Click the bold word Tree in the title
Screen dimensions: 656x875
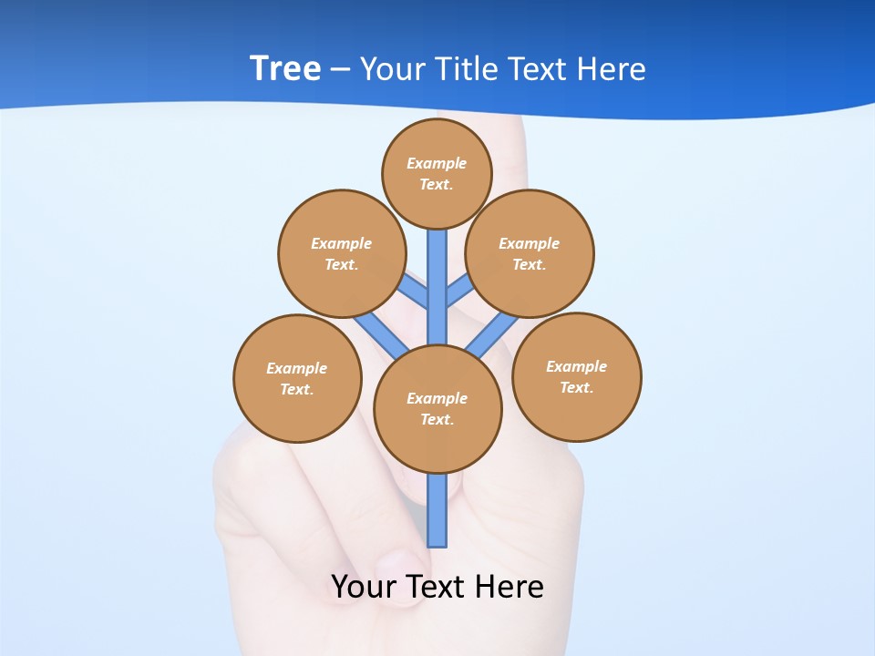tap(284, 68)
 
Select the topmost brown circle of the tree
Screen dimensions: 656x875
tap(437, 173)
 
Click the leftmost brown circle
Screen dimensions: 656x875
tap(297, 378)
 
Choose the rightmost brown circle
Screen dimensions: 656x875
tap(576, 376)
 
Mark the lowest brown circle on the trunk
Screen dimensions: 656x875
tap(437, 408)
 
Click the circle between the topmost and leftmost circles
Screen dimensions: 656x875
tap(341, 253)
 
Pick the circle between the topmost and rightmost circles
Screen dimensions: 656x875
tap(530, 253)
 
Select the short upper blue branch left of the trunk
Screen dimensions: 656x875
tap(415, 292)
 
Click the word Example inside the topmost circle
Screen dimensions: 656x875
tap(437, 163)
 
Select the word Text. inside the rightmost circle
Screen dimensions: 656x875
tap(576, 387)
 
